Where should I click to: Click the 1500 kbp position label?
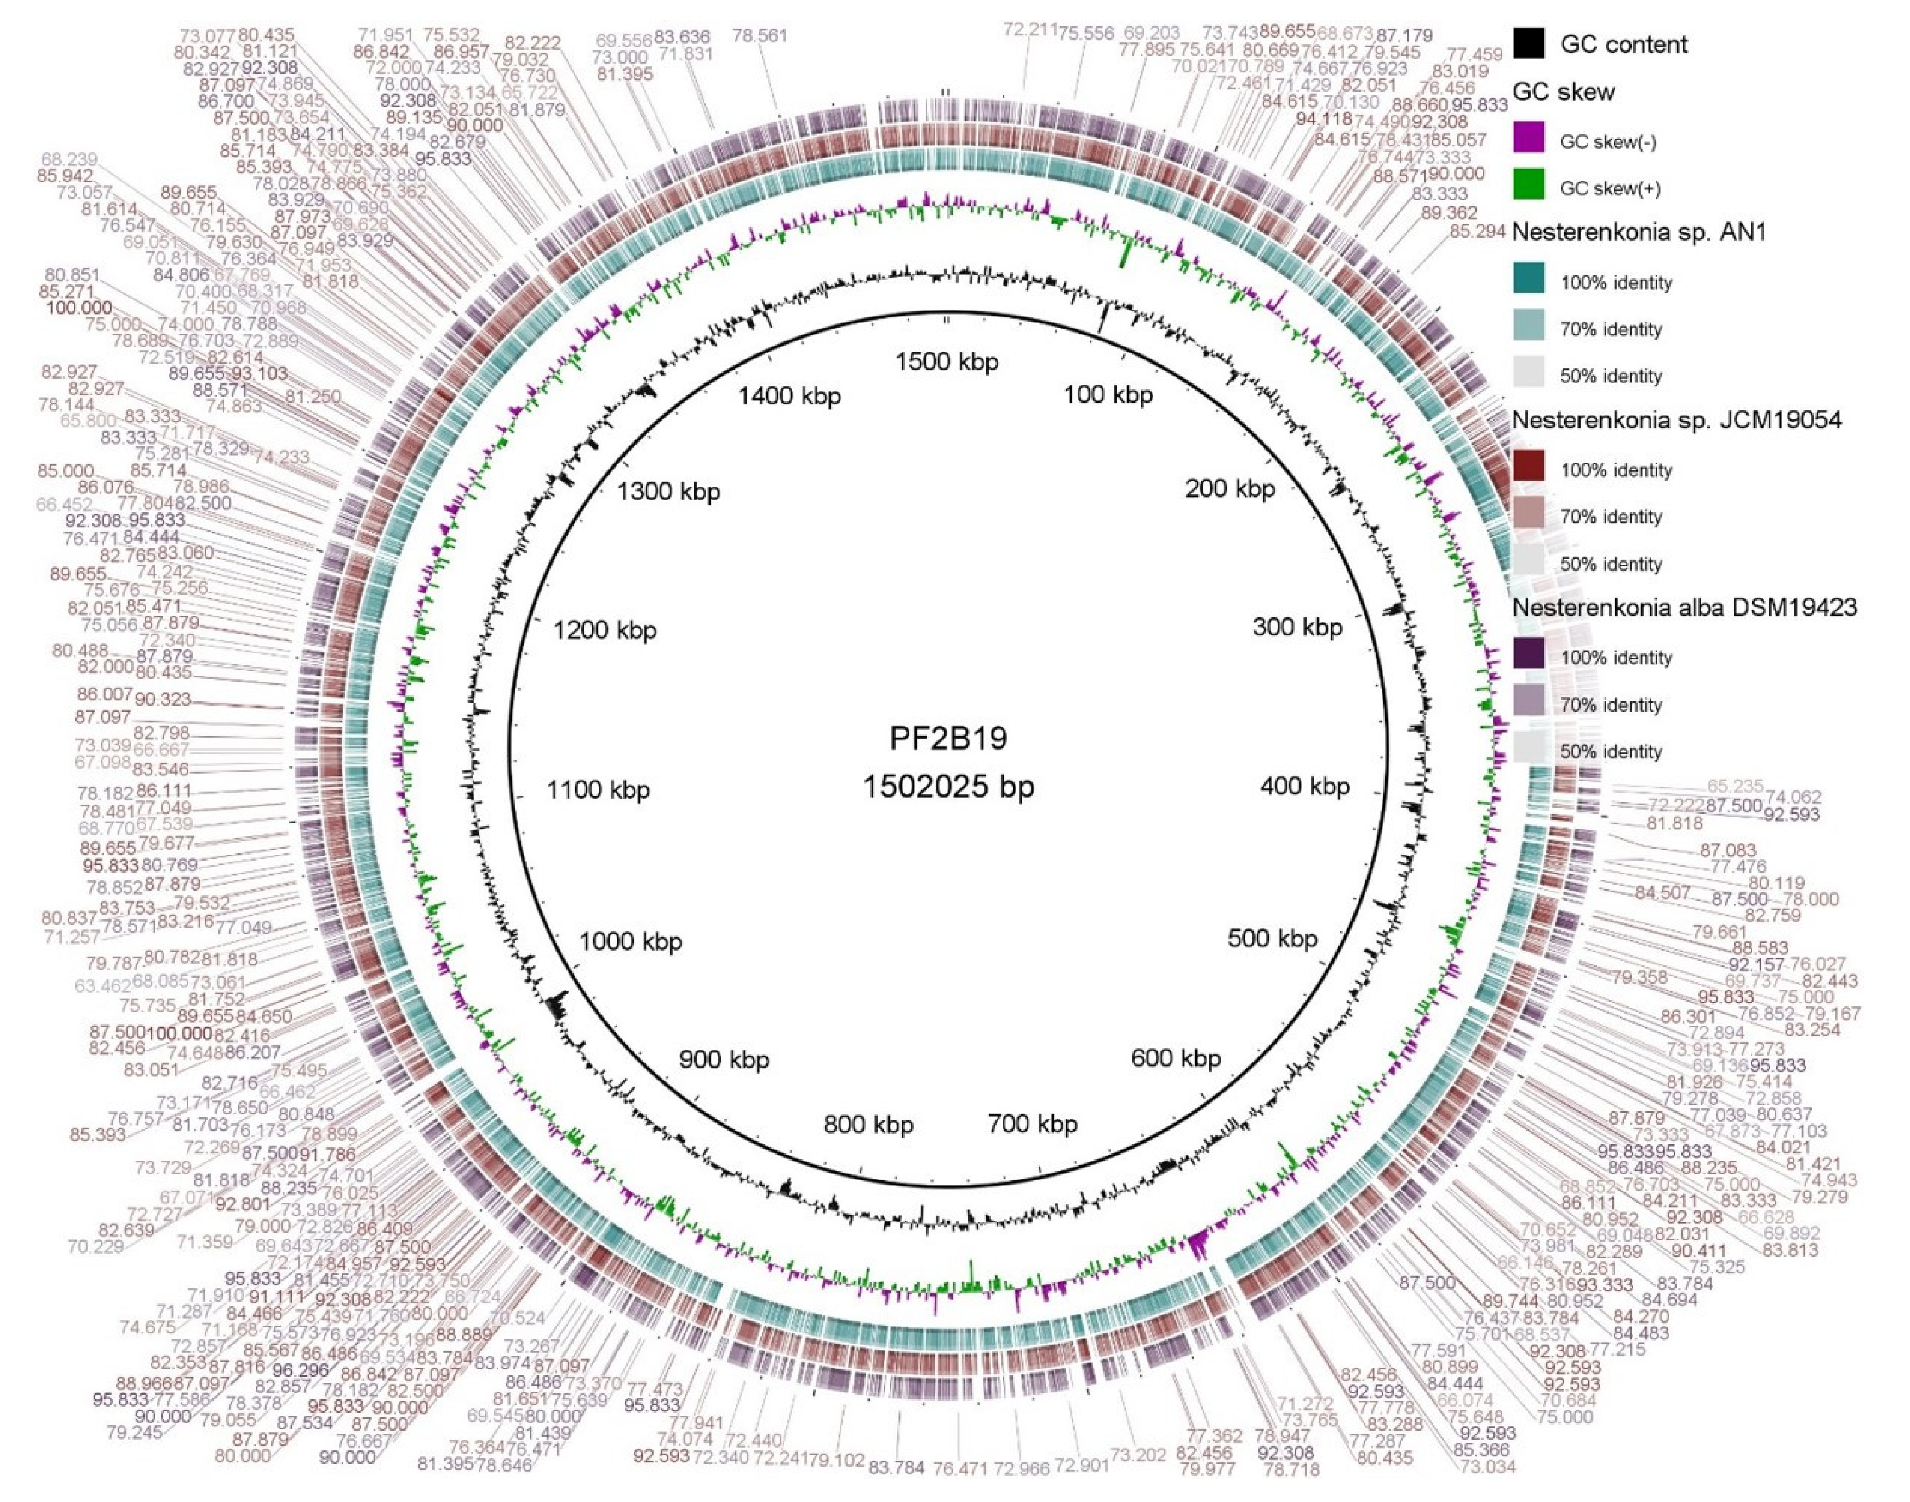pos(946,361)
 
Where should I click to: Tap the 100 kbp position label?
pos(1107,395)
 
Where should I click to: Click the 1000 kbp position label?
pos(630,942)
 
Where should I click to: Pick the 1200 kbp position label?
pos(604,631)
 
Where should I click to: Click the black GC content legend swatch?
pos(1529,43)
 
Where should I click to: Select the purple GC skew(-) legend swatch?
pos(1529,141)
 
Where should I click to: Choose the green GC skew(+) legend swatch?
pos(1529,187)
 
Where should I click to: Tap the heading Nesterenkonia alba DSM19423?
pos(1684,607)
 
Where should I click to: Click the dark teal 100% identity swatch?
pos(1529,281)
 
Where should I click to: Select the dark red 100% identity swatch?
pos(1529,469)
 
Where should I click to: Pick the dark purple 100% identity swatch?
pos(1529,656)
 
